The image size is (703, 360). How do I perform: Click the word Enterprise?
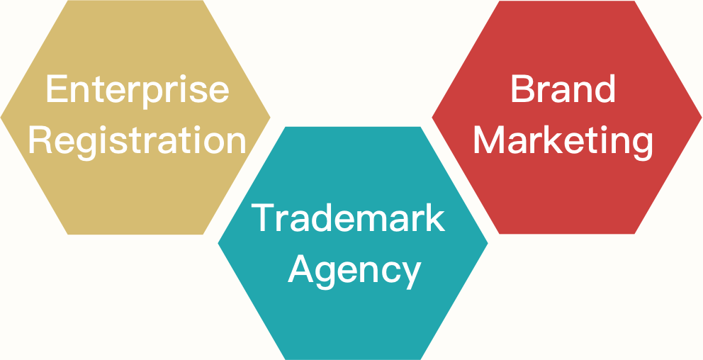click(x=137, y=90)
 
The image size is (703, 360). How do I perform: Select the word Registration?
click(x=137, y=140)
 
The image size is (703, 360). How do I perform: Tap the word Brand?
click(x=563, y=90)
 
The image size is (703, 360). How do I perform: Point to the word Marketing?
click(x=563, y=140)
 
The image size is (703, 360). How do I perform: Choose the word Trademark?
click(x=349, y=218)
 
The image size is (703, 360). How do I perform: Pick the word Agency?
click(x=354, y=270)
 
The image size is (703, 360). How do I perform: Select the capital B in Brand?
click(x=522, y=90)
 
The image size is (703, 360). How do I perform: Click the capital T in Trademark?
click(x=264, y=218)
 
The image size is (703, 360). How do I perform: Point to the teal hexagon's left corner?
click(x=218, y=243)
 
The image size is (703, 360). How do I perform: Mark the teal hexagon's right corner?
click(x=488, y=243)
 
